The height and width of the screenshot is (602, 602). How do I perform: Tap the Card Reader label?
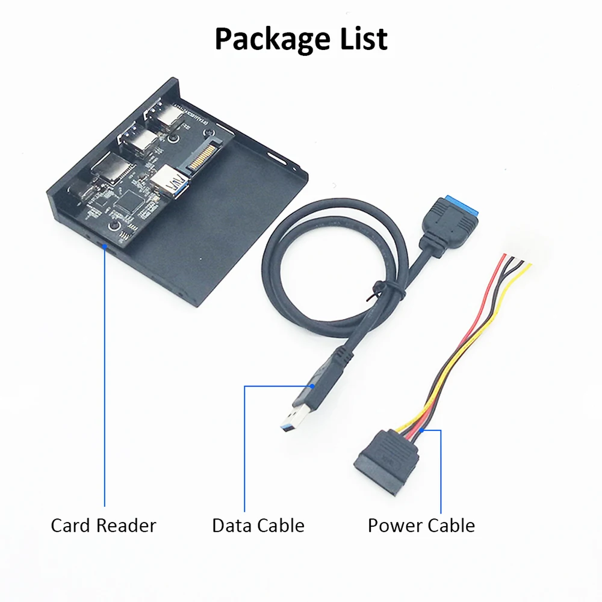pos(103,525)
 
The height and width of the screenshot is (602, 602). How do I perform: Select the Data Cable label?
pos(258,525)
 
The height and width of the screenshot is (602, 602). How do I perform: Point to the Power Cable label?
pos(421,525)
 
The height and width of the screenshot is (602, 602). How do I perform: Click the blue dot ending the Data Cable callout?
pos(313,386)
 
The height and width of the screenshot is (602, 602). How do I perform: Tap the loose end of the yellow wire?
pos(530,265)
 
